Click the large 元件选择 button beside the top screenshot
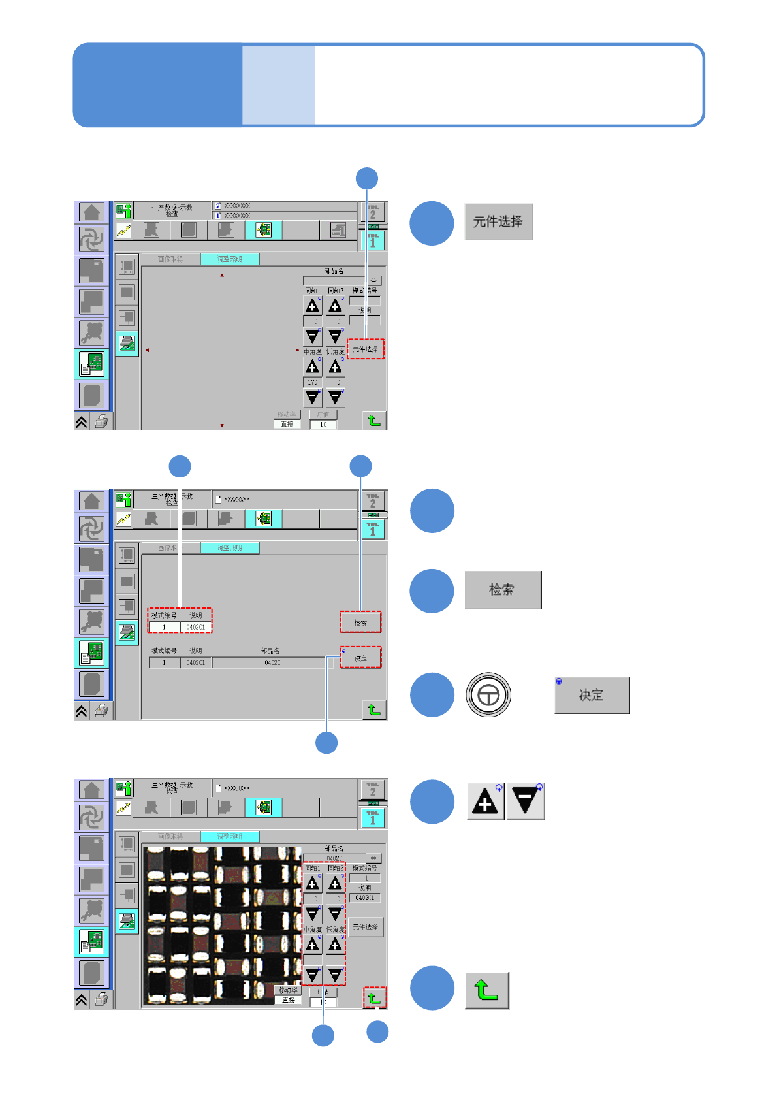point(498,222)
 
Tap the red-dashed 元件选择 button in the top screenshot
point(365,349)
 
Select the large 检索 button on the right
point(502,590)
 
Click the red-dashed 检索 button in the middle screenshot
point(360,623)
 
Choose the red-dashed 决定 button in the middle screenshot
point(360,658)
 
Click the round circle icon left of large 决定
point(488,695)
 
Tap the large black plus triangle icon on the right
point(485,801)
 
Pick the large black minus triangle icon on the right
point(526,801)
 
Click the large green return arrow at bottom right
point(486,990)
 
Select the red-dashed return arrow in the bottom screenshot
point(374,997)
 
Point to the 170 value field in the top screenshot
point(313,383)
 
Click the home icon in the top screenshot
point(91,212)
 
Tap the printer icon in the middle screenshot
point(101,711)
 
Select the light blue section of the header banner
point(279,85)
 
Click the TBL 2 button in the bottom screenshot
point(373,789)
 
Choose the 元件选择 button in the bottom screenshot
point(365,927)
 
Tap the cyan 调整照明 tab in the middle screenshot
point(229,548)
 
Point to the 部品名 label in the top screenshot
point(334,271)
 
